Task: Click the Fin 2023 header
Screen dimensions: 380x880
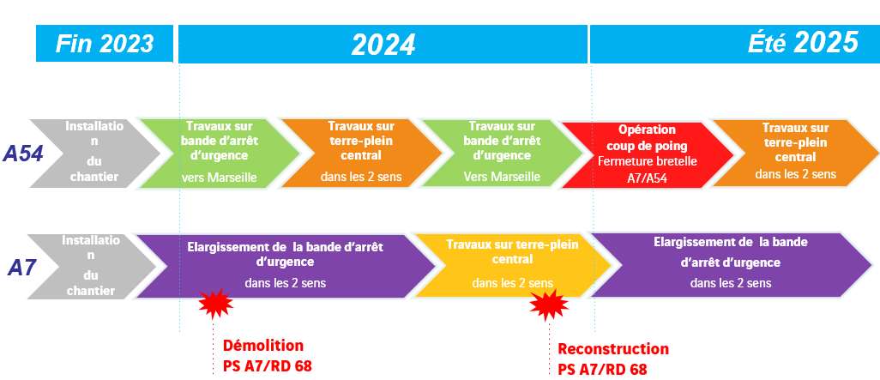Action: click(x=104, y=43)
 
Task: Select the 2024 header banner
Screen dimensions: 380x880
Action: click(x=383, y=44)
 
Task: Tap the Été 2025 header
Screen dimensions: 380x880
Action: click(x=733, y=43)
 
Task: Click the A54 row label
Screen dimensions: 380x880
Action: click(x=23, y=154)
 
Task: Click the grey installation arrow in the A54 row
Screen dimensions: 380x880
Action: click(x=93, y=152)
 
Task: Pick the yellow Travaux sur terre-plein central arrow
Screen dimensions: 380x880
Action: click(x=511, y=264)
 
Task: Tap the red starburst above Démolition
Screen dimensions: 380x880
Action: click(x=215, y=303)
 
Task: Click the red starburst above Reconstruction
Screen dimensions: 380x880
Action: click(x=548, y=305)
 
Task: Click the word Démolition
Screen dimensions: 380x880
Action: click(x=262, y=346)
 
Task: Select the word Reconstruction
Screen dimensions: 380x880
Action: click(x=612, y=349)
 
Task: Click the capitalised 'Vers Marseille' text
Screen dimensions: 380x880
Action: click(x=502, y=177)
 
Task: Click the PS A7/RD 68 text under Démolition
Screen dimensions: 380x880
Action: click(x=261, y=366)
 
